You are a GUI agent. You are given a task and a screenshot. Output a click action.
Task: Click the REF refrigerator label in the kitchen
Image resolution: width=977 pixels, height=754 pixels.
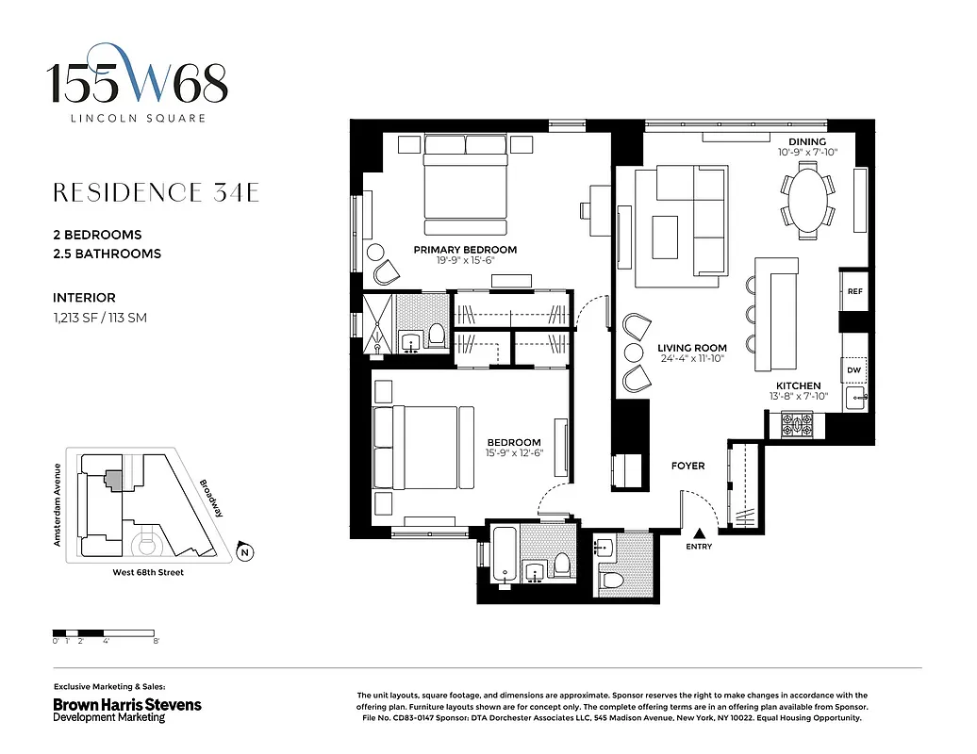pyautogui.click(x=854, y=292)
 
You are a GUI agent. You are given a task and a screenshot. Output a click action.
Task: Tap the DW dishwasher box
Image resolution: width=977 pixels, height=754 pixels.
pyautogui.click(x=854, y=370)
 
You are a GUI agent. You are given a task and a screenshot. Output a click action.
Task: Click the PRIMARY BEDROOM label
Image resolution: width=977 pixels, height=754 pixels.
pyautogui.click(x=465, y=250)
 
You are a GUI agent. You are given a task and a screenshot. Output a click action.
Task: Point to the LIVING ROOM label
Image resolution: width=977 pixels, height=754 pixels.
pyautogui.click(x=691, y=348)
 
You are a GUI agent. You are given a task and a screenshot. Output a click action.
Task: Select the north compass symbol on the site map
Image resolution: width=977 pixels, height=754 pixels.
pyautogui.click(x=244, y=552)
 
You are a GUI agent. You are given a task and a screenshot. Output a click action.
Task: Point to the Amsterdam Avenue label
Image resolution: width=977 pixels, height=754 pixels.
pyautogui.click(x=58, y=505)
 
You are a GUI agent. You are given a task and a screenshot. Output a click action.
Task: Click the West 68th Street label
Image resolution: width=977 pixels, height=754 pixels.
pyautogui.click(x=141, y=572)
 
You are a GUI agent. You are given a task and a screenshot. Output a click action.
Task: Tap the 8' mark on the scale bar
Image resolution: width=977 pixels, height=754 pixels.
pyautogui.click(x=156, y=641)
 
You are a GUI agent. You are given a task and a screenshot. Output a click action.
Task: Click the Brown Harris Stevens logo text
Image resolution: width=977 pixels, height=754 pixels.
pyautogui.click(x=126, y=705)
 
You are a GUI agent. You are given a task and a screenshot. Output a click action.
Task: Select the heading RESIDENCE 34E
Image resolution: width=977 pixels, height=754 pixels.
pyautogui.click(x=156, y=193)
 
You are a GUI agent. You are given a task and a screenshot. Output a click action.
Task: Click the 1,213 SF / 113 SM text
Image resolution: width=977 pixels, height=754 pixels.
pyautogui.click(x=100, y=318)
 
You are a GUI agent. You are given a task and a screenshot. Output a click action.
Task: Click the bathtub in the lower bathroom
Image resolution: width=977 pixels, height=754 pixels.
pyautogui.click(x=504, y=556)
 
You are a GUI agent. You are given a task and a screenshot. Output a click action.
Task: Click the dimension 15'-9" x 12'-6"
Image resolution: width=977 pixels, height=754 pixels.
pyautogui.click(x=514, y=454)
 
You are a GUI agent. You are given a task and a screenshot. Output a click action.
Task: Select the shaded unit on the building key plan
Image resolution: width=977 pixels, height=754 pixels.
pyautogui.click(x=113, y=480)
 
